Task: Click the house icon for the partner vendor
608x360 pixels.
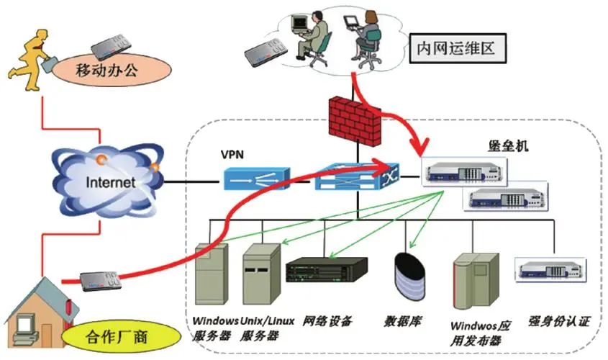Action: [35, 310]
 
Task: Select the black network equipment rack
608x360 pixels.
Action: [326, 271]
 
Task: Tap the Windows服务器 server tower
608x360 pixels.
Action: [212, 276]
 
